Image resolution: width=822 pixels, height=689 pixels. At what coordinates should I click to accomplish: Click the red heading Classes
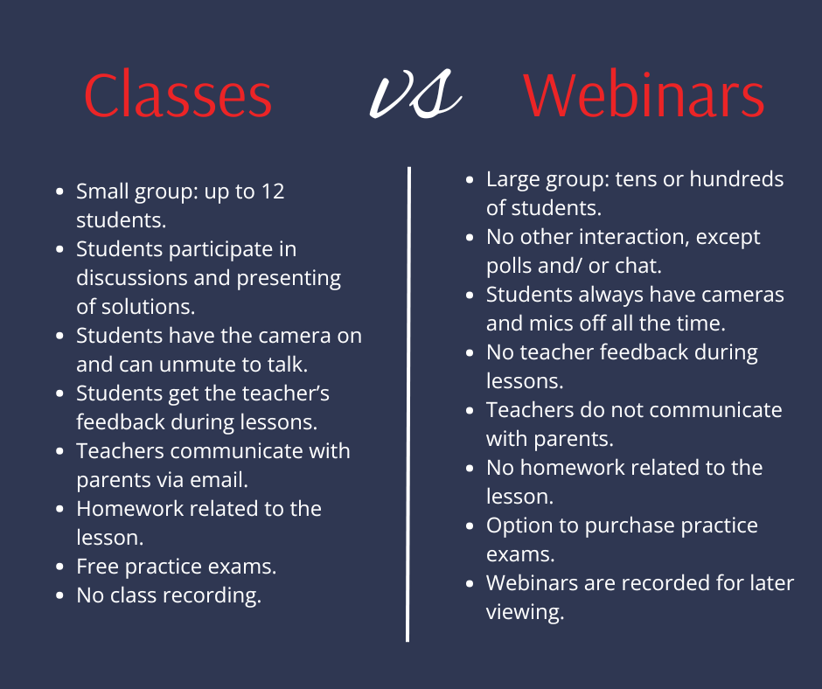click(x=178, y=95)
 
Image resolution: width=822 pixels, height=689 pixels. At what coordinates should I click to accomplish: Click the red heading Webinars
click(x=644, y=95)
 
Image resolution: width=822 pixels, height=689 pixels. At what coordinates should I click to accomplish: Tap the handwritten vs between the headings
click(x=415, y=94)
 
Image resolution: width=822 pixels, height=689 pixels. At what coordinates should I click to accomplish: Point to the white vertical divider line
click(x=408, y=404)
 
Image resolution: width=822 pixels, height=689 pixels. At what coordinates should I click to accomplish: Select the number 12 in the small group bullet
click(x=273, y=191)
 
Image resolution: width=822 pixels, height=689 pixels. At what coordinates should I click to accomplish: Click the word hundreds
click(x=736, y=179)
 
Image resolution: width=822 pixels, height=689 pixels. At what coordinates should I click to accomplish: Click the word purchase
click(x=626, y=525)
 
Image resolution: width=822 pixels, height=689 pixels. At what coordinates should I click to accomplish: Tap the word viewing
click(x=525, y=612)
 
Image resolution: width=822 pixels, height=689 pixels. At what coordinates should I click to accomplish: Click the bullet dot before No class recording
click(x=59, y=595)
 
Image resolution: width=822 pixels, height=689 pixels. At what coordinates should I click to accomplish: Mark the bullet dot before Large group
click(x=470, y=180)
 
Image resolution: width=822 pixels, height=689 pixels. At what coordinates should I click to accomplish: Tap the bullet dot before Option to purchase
click(x=470, y=525)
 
